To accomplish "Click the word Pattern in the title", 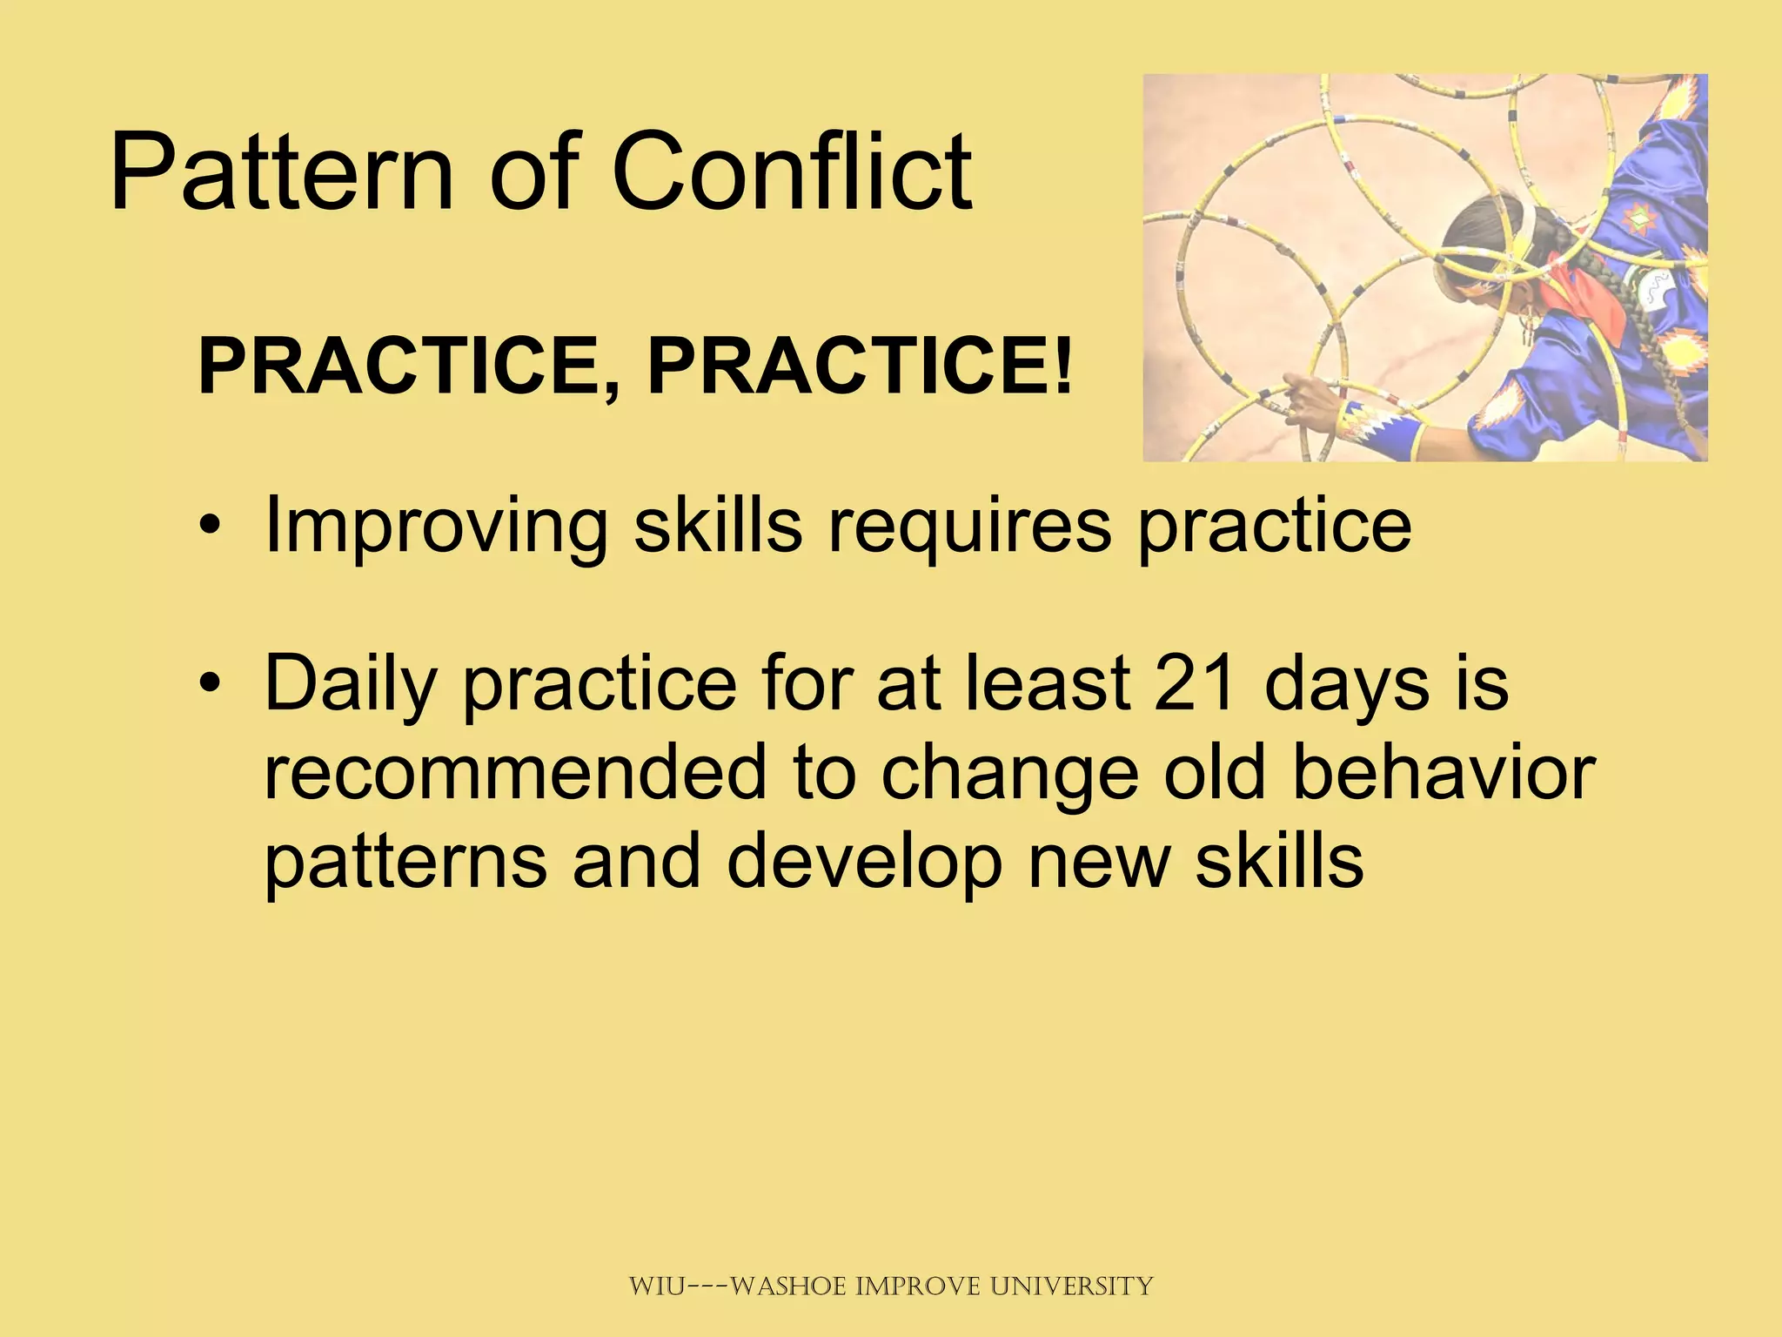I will (281, 171).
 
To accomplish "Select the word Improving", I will (435, 526).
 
